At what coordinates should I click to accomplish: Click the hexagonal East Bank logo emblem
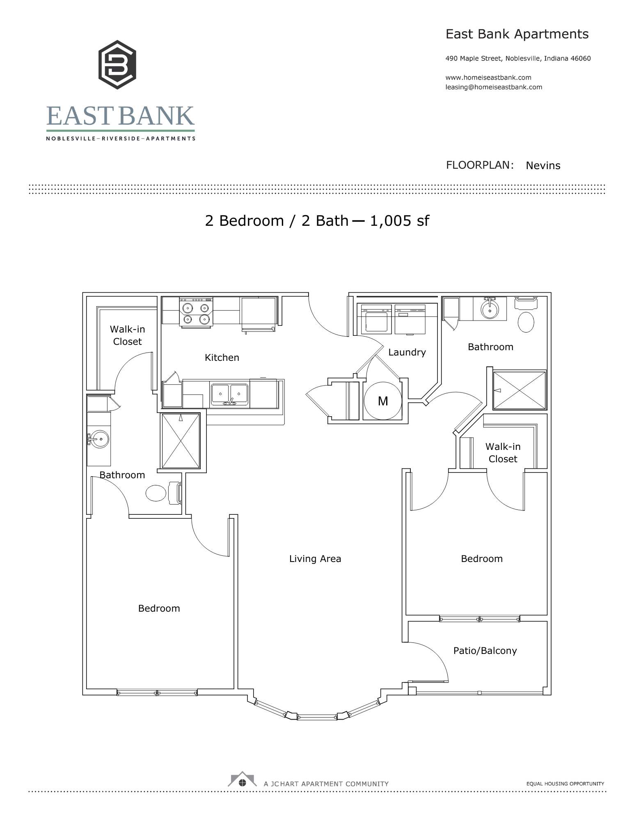(x=117, y=64)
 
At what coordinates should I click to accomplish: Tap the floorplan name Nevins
(x=542, y=165)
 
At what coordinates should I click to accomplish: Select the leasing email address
(x=493, y=87)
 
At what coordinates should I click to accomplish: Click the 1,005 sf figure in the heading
(x=399, y=221)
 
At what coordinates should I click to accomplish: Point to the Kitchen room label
(x=222, y=358)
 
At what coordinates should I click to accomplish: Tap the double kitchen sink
(x=229, y=394)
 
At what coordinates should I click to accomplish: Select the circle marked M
(x=383, y=401)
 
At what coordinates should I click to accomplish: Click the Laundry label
(x=407, y=352)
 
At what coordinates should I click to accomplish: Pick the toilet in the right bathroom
(x=526, y=322)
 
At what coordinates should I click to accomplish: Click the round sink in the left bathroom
(x=99, y=439)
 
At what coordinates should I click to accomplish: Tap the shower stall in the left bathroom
(x=181, y=441)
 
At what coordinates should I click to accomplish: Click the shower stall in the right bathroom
(x=519, y=390)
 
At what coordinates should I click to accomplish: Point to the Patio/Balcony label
(x=485, y=651)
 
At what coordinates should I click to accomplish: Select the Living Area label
(x=315, y=559)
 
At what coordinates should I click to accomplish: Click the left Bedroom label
(x=159, y=608)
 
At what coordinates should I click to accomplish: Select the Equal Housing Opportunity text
(x=565, y=784)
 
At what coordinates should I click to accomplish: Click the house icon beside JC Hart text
(x=243, y=780)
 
